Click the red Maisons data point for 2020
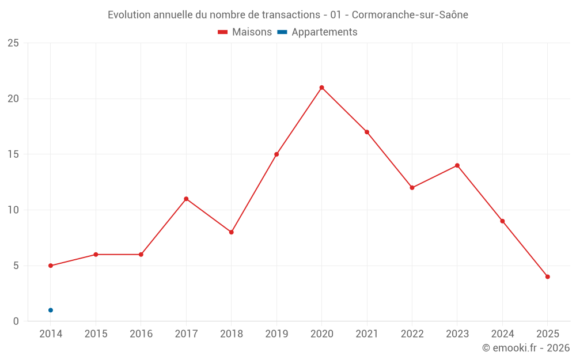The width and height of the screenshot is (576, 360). pyautogui.click(x=321, y=88)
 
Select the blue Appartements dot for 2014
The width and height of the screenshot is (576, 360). pyautogui.click(x=51, y=310)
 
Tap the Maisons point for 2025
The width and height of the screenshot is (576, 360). pyautogui.click(x=547, y=276)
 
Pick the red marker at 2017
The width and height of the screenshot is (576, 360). pyautogui.click(x=186, y=199)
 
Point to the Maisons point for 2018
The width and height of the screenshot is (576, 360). pyautogui.click(x=231, y=232)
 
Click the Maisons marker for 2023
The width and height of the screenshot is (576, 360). pyautogui.click(x=457, y=165)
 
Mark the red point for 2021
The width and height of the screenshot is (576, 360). pyautogui.click(x=366, y=132)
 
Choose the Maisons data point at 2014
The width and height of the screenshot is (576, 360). pyautogui.click(x=51, y=266)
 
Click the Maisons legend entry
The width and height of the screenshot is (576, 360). pyautogui.click(x=245, y=32)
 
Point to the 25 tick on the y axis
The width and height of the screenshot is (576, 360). pyautogui.click(x=13, y=43)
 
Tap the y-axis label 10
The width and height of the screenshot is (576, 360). pyautogui.click(x=13, y=210)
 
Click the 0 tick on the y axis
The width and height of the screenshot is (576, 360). pyautogui.click(x=16, y=321)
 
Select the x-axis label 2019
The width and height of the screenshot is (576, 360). pyautogui.click(x=276, y=334)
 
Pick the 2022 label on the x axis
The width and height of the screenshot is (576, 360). pyautogui.click(x=412, y=334)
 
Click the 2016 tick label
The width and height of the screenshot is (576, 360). pyautogui.click(x=141, y=334)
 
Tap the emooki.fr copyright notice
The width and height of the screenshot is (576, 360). pyautogui.click(x=525, y=348)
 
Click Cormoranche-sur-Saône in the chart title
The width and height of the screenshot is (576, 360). pyautogui.click(x=409, y=15)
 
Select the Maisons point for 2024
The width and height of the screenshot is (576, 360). pyautogui.click(x=502, y=221)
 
